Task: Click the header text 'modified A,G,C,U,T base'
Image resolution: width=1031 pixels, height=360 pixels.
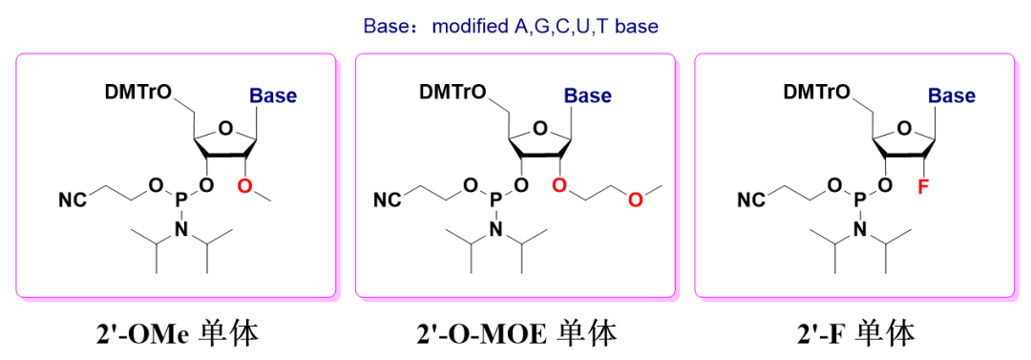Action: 545,26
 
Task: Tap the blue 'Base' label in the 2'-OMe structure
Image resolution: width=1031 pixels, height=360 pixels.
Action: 273,95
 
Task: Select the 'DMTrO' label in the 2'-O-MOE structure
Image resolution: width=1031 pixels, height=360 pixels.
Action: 452,92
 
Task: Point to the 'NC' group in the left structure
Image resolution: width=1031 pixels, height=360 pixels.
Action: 73,200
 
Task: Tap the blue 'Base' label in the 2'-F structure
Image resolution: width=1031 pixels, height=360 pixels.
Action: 952,95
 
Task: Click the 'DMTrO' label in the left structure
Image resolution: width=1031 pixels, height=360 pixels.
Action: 139,92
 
